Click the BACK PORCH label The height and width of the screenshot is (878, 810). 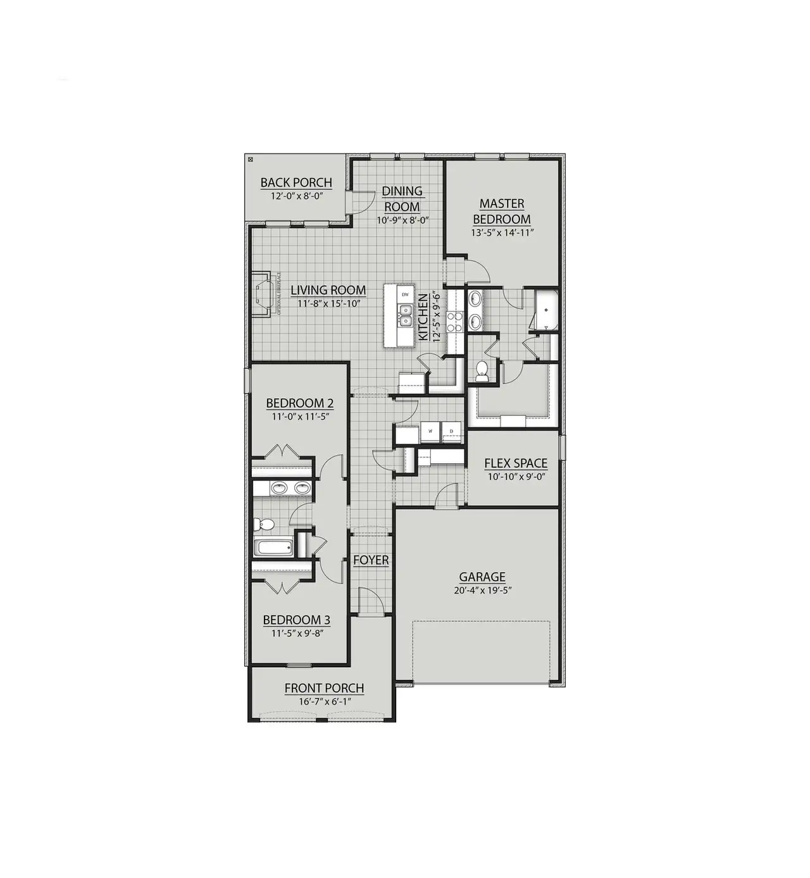pos(296,183)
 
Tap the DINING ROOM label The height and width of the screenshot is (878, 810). pos(402,198)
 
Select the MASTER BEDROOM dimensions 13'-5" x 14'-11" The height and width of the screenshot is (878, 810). pos(502,232)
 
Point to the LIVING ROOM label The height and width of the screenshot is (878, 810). pos(328,291)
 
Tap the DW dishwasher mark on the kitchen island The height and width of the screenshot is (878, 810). pos(405,295)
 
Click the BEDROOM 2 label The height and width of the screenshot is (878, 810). pos(300,403)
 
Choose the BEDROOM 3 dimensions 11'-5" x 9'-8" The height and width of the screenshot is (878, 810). pos(297,632)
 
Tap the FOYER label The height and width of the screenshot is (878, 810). pos(371,560)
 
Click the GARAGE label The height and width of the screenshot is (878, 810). pos(482,577)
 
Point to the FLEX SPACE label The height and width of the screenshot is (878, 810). pos(516,463)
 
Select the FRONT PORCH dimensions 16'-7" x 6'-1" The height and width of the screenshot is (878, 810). pos(323,701)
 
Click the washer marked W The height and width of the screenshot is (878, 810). pos(430,431)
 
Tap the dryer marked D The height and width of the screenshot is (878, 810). pos(452,431)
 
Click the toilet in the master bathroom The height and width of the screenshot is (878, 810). pos(482,370)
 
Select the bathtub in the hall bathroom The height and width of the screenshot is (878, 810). pos(273,548)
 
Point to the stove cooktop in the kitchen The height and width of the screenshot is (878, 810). pos(454,323)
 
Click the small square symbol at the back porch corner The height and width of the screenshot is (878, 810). pos(250,160)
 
